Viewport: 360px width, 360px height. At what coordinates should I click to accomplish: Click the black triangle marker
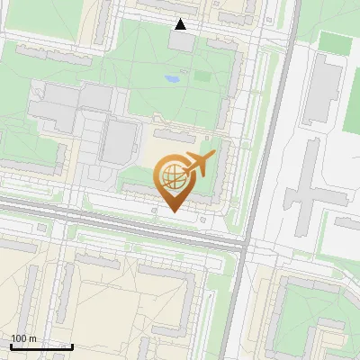coord(181,24)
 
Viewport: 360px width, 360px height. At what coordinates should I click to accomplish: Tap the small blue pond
coord(172,79)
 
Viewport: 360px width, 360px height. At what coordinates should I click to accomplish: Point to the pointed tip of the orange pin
coord(172,211)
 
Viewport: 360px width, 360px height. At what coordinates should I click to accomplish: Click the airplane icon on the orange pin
coord(198,164)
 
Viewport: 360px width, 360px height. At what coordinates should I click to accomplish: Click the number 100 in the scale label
coord(20,338)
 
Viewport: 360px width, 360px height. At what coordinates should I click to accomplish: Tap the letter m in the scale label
coord(32,338)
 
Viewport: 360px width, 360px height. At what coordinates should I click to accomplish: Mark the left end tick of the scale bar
coord(11,346)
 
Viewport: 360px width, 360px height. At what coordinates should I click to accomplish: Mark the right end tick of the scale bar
coord(72,346)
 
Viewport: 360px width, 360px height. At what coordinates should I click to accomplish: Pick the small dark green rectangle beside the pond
coord(201,76)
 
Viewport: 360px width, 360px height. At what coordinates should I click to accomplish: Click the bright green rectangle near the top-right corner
coord(335,43)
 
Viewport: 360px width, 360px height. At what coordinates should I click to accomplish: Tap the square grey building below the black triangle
coord(183,40)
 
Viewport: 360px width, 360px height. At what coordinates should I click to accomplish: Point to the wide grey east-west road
coord(117,224)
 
